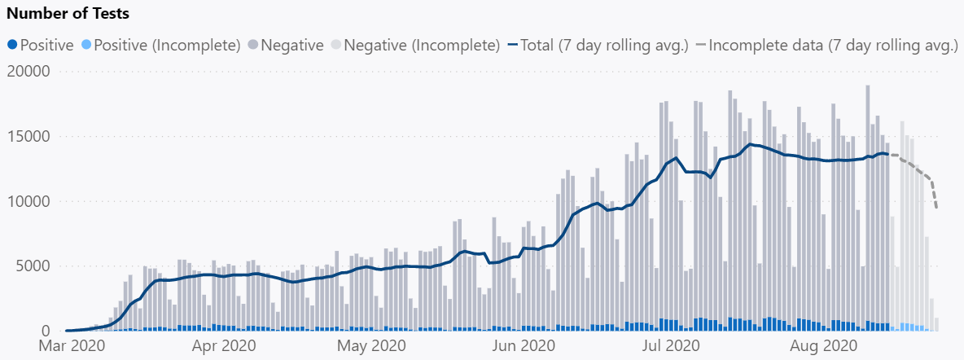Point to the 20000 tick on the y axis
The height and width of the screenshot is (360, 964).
pyautogui.click(x=28, y=72)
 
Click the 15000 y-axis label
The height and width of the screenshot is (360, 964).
pyautogui.click(x=28, y=137)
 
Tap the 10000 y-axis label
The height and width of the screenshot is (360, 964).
pyautogui.click(x=28, y=201)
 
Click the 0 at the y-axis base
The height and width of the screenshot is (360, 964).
pyautogui.click(x=46, y=331)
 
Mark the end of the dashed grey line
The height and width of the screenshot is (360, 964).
pyautogui.click(x=937, y=209)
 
